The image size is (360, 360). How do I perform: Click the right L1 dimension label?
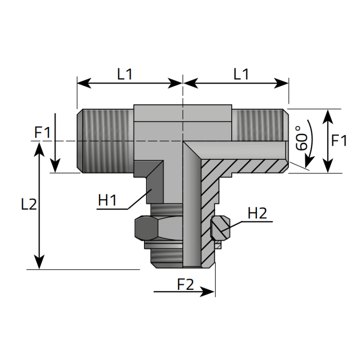241,74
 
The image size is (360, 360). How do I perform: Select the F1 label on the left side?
43,133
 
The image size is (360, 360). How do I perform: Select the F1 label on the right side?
339,141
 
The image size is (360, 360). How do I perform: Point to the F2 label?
185,284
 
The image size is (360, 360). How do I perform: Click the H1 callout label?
108,201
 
